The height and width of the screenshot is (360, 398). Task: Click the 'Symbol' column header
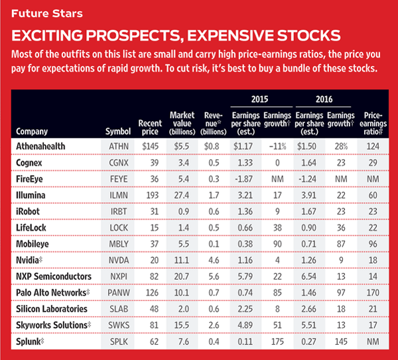pos(119,131)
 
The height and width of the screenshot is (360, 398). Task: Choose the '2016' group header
pos(322,99)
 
